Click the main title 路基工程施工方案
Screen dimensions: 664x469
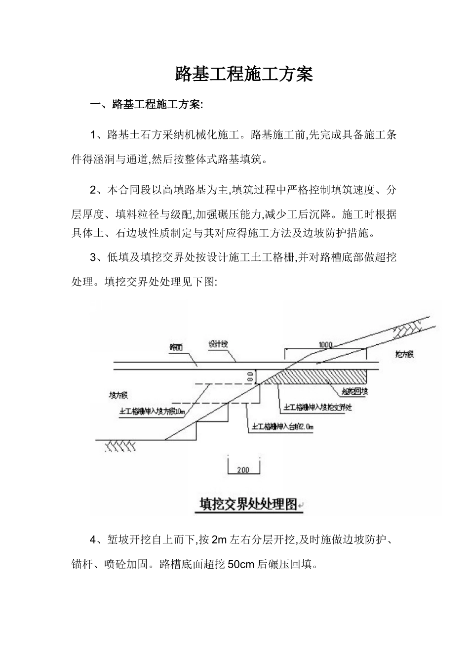[x=244, y=75]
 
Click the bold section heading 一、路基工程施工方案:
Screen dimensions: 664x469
[x=146, y=105]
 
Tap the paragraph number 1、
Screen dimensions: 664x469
[x=97, y=135]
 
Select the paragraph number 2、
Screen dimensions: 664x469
[x=97, y=190]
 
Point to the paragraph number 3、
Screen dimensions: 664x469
[x=97, y=257]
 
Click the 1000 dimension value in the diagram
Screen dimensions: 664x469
[x=326, y=345]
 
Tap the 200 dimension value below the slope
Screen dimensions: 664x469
[x=243, y=470]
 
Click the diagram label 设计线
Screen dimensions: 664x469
[x=217, y=344]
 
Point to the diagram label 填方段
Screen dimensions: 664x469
[x=118, y=395]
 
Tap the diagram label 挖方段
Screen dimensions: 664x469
[x=404, y=354]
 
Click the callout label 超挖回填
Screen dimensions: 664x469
[x=355, y=392]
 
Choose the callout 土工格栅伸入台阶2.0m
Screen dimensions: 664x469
[x=283, y=426]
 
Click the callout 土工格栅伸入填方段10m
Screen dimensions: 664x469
[x=152, y=411]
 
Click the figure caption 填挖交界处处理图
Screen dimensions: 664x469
[x=248, y=504]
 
